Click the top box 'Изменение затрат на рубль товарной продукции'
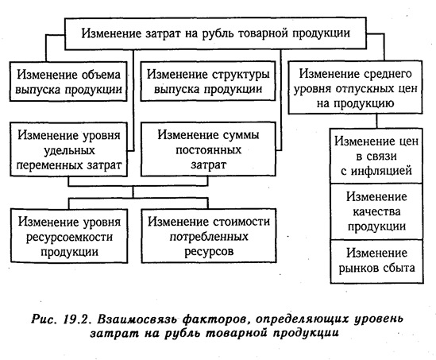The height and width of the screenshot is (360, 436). point(215,33)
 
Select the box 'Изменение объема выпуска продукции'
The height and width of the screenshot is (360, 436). point(68,81)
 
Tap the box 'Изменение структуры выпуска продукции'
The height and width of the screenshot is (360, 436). point(208,81)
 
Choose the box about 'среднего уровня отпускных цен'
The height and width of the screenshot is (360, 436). point(355,87)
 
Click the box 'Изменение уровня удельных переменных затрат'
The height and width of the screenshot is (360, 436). point(68,149)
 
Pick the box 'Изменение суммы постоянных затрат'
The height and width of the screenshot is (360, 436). point(208,149)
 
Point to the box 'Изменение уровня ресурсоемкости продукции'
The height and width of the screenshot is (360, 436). point(69,236)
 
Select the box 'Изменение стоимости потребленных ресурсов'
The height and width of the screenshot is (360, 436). point(209,236)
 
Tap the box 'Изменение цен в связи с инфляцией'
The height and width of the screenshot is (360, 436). point(376,156)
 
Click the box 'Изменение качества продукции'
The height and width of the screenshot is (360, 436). point(376,211)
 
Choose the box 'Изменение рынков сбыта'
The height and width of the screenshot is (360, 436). point(376,261)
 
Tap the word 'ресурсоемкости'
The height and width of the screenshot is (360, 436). point(69,237)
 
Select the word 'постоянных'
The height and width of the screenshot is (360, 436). point(208,150)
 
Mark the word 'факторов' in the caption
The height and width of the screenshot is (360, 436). point(214,319)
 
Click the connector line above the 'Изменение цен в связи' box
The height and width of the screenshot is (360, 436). point(376,121)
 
